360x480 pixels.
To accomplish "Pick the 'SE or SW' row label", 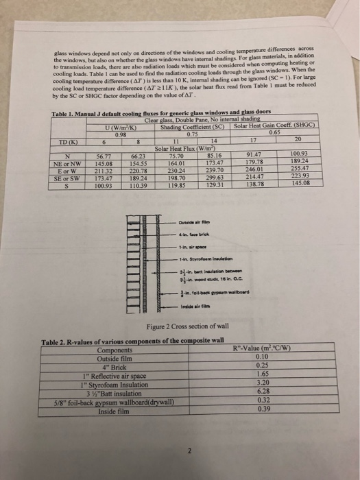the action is point(69,177).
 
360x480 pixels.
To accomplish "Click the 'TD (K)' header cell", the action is point(69,143).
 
